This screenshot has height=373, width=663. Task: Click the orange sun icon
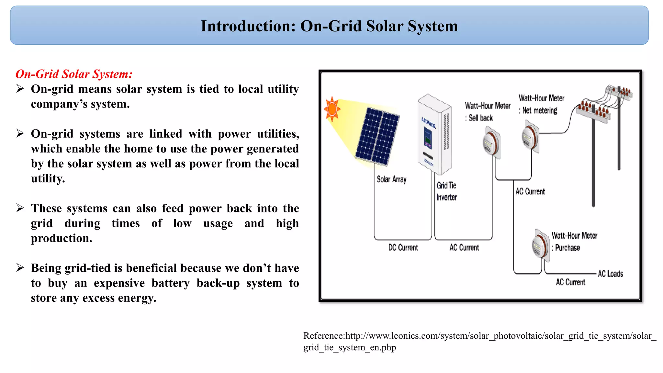click(332, 109)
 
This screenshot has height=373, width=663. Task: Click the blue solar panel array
click(377, 136)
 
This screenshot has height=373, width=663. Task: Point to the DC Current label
click(403, 248)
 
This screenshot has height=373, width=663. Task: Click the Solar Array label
click(391, 179)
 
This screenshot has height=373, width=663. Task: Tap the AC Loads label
click(610, 274)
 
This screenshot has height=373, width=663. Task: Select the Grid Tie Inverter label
click(446, 191)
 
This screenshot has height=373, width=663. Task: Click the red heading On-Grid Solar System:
click(74, 74)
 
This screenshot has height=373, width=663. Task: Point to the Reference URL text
click(479, 341)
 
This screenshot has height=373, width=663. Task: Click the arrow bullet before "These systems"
click(20, 208)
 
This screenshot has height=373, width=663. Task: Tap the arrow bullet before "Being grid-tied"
click(20, 267)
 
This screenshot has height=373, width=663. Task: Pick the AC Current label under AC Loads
click(570, 282)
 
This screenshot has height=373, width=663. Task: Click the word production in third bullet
click(61, 238)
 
